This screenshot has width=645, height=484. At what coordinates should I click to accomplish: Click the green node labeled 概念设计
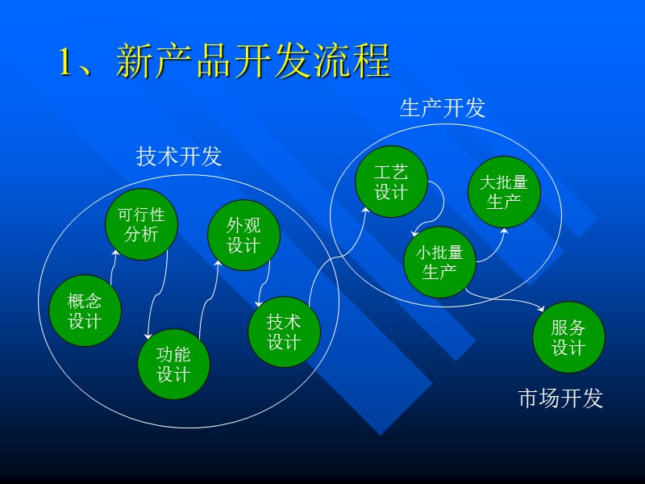[85, 311]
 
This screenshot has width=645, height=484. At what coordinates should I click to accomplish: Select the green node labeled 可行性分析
[141, 225]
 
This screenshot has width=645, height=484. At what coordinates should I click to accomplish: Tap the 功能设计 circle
[173, 365]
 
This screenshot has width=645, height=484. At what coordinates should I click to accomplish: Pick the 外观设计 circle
[243, 236]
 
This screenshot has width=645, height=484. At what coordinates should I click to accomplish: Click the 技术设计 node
[284, 332]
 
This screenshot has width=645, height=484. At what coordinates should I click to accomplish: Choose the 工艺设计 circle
[391, 182]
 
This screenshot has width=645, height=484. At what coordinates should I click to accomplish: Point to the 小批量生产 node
[440, 262]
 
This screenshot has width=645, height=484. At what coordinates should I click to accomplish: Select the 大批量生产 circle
[504, 192]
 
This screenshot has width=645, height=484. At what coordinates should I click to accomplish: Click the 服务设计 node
[568, 337]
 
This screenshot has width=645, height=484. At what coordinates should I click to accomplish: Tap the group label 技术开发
[179, 157]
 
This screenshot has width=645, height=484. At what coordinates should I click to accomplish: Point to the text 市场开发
[560, 398]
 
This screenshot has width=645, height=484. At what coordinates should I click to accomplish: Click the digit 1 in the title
[67, 62]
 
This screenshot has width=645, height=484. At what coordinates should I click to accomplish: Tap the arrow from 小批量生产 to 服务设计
[508, 301]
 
